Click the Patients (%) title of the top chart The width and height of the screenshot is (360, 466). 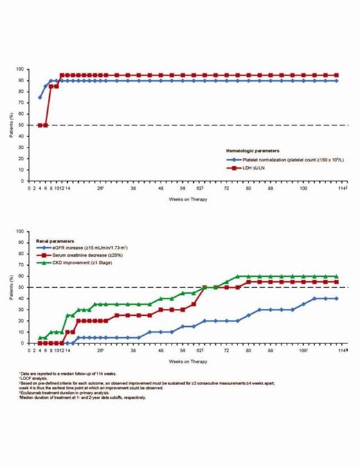click(x=11, y=125)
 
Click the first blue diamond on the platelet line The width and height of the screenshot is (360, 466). click(x=39, y=97)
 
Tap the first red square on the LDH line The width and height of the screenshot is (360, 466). click(x=39, y=125)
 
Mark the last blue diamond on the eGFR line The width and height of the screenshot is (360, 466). click(x=336, y=298)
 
